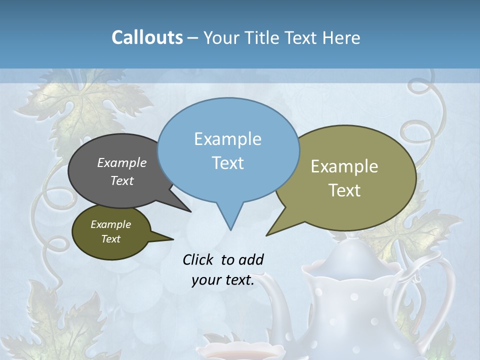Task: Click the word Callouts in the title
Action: tap(147, 37)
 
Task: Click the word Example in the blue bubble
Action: tap(227, 139)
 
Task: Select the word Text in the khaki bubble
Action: tap(344, 190)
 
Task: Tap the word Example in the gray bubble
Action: tap(122, 162)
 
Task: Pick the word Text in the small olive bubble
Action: tap(110, 239)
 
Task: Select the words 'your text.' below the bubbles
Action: tap(223, 280)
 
